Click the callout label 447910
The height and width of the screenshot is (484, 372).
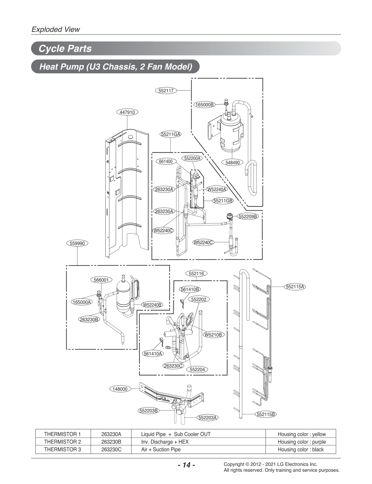(127, 112)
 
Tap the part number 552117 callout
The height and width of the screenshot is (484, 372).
(166, 91)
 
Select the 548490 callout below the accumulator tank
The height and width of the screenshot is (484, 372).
(233, 162)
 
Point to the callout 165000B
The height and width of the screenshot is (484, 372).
(204, 105)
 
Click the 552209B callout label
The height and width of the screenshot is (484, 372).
(247, 216)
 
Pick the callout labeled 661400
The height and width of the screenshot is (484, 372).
(166, 162)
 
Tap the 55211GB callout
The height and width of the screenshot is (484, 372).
(223, 201)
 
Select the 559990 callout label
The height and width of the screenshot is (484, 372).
(77, 243)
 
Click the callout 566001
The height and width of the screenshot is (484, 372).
(101, 280)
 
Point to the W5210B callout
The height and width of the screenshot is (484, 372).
(213, 335)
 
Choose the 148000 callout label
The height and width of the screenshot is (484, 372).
(120, 389)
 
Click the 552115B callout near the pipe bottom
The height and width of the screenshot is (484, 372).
(266, 414)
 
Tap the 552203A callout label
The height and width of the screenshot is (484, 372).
(208, 418)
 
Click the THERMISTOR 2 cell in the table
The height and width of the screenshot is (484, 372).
(63, 442)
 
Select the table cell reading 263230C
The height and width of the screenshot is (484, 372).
(111, 449)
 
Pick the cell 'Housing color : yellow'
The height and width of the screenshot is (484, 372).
(302, 434)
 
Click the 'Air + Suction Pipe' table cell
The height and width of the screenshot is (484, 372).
(161, 449)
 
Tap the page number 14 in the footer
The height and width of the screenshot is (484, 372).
(186, 465)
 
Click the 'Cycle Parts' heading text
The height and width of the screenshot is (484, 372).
(65, 48)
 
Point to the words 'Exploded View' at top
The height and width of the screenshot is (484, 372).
(56, 29)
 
